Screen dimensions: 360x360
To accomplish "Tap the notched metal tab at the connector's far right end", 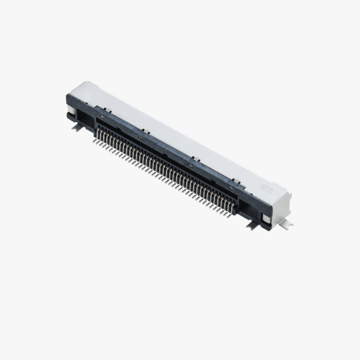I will [287, 225].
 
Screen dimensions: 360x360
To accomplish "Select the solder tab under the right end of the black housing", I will [252, 225].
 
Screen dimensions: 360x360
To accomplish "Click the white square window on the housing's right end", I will [266, 218].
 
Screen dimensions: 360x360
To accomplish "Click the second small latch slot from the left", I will [140, 138].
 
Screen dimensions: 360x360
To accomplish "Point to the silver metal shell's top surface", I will [178, 136].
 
